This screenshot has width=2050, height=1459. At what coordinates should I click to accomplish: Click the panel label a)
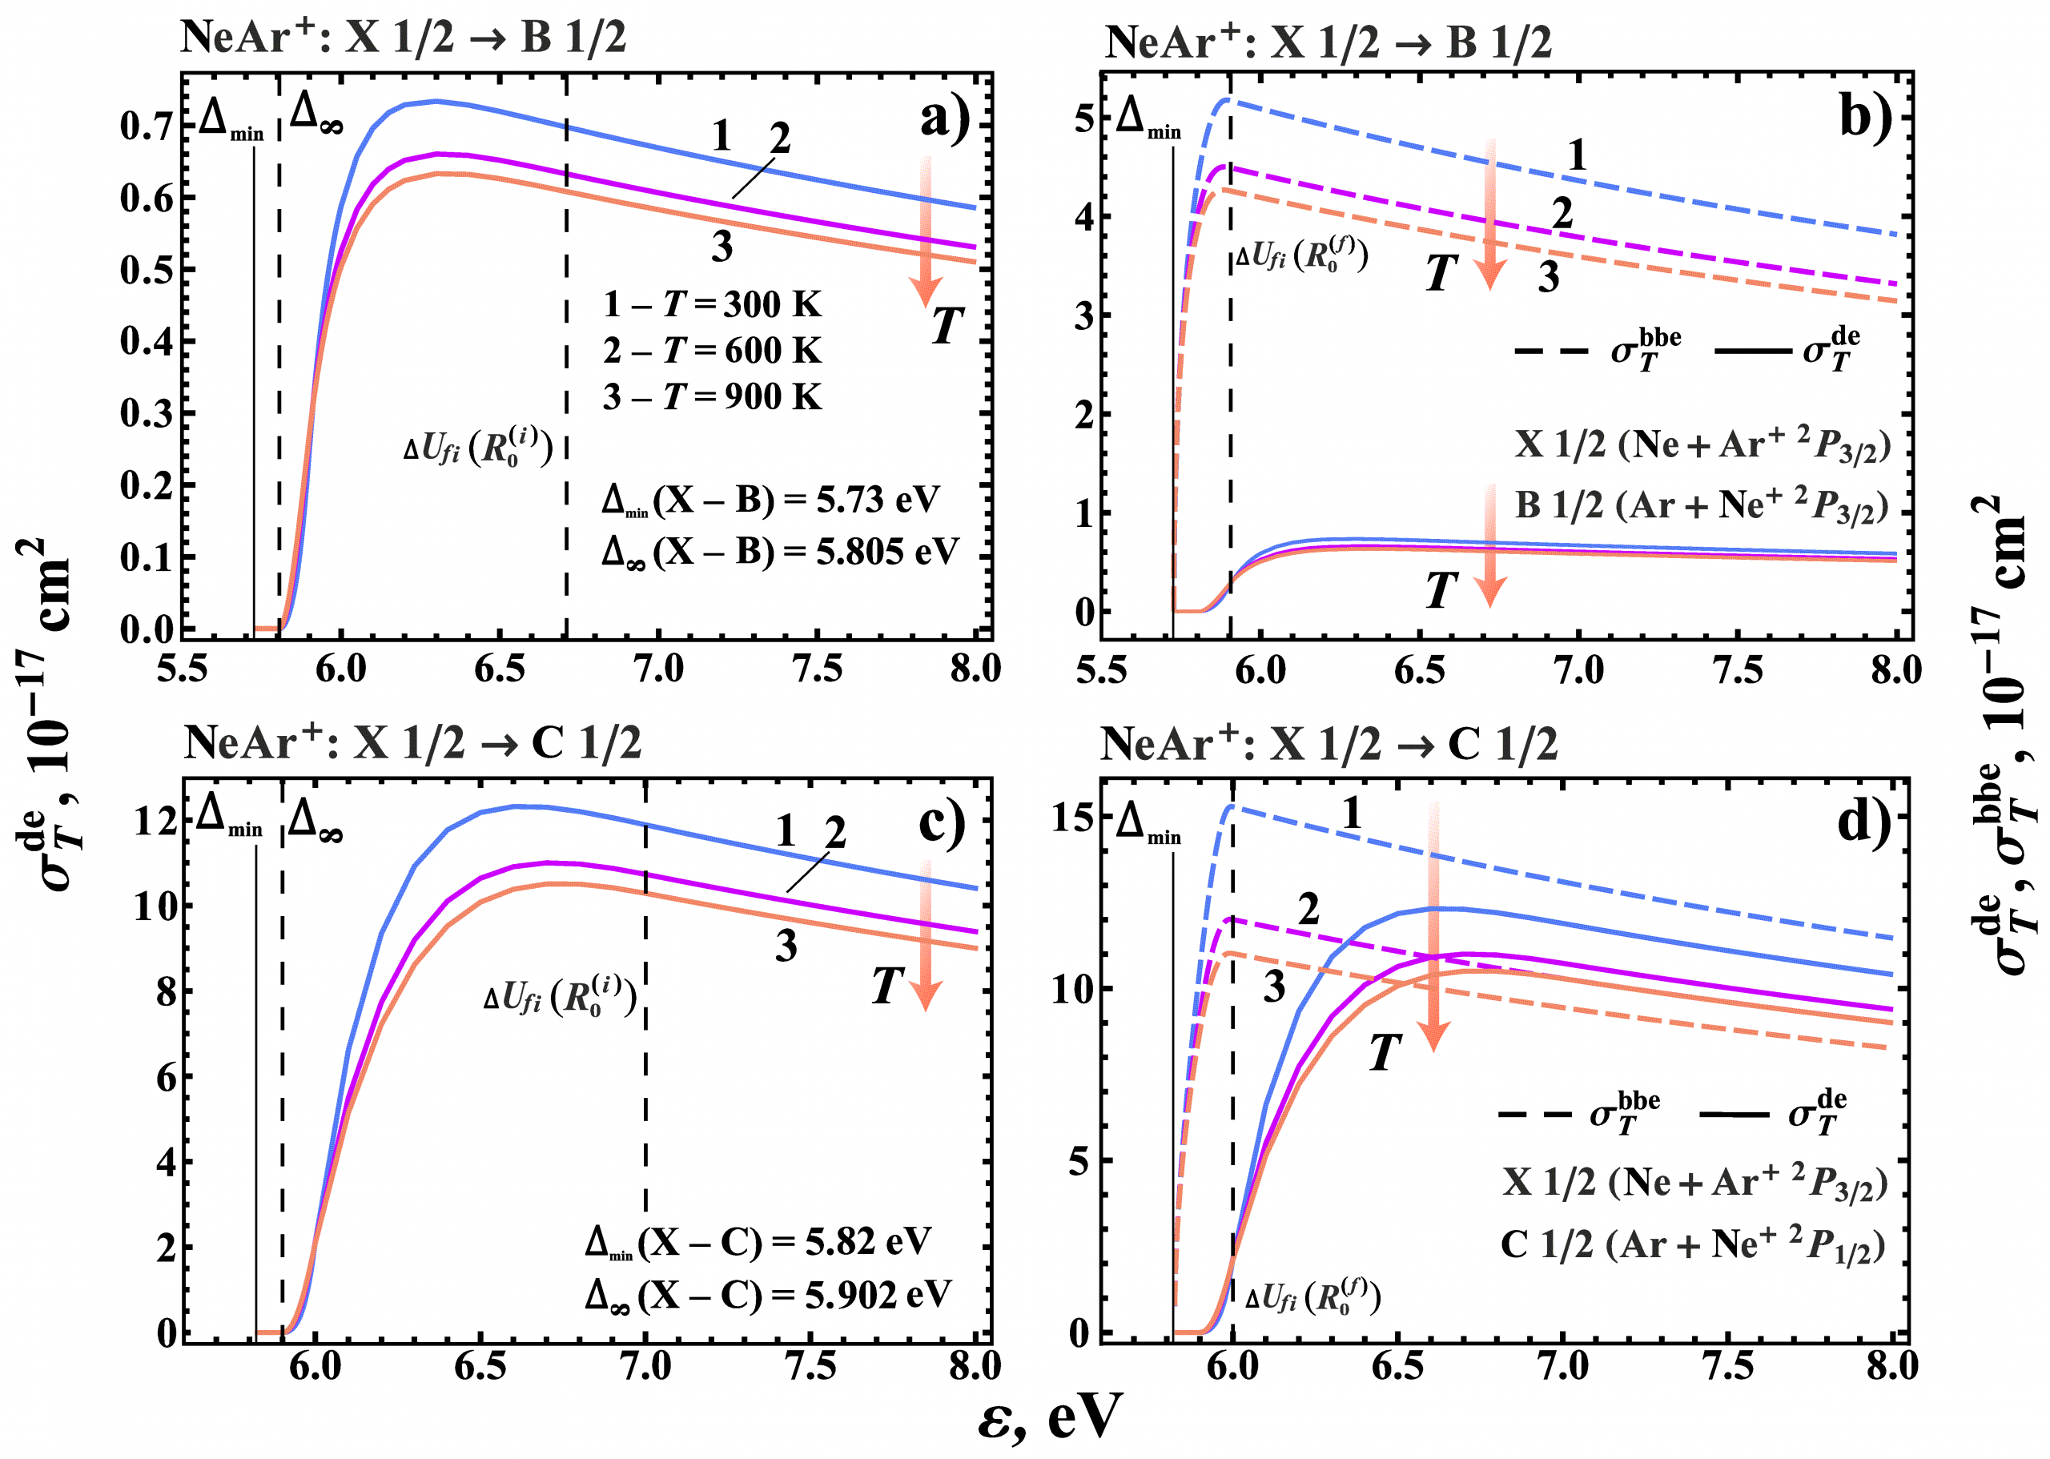pos(944,119)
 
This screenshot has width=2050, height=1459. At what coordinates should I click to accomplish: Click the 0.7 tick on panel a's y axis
pos(147,127)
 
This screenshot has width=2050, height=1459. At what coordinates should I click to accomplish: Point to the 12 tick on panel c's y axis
pos(154,820)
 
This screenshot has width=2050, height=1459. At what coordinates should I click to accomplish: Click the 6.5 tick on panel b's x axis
pos(1419,670)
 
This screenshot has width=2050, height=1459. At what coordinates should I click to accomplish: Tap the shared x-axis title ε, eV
pos(1049,1417)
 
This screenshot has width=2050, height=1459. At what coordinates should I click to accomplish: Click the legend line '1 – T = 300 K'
pos(711,304)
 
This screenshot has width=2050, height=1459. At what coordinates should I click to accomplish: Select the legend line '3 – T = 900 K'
pos(711,396)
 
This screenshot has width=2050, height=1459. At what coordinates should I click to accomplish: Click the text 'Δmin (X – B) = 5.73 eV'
pos(770,500)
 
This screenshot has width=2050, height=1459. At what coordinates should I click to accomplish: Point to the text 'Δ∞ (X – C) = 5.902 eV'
pos(767,1296)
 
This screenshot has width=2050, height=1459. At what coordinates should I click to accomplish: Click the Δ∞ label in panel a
pos(316,114)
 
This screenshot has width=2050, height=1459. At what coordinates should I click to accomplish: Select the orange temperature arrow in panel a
pos(925,229)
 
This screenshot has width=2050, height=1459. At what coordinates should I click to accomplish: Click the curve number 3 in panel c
pos(786,946)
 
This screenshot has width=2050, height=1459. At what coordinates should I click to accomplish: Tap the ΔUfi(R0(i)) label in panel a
pos(477,447)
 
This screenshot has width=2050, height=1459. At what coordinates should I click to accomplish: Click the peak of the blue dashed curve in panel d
pos(1231,806)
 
